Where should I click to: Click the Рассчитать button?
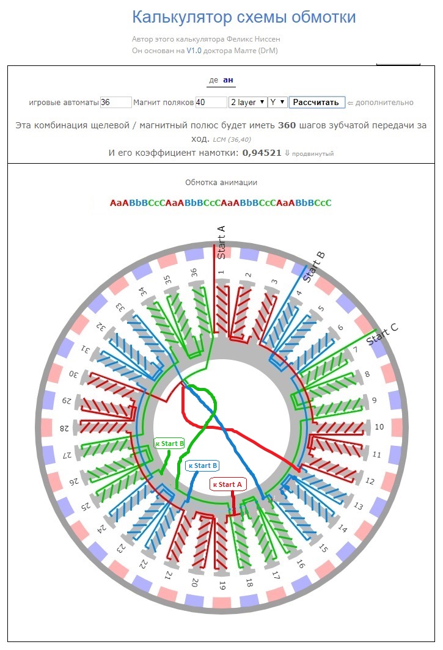tap(317, 103)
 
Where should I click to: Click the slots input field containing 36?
tap(115, 103)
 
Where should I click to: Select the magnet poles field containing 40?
tap(211, 103)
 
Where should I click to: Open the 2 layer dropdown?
tap(247, 103)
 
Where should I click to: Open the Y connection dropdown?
tap(277, 103)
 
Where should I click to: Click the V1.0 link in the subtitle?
tap(194, 51)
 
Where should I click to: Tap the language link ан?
tap(228, 80)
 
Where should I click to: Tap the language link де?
tap(214, 80)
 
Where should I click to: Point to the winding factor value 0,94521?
tap(262, 153)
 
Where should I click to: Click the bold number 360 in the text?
tap(287, 125)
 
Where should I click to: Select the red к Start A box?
tap(228, 484)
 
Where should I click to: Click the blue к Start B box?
tap(202, 466)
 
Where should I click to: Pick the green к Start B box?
tap(169, 444)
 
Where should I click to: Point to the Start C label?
tap(382, 334)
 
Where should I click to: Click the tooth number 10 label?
tap(379, 426)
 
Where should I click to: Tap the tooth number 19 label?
tap(222, 585)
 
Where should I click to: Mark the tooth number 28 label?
tap(64, 428)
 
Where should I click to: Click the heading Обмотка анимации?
tap(221, 183)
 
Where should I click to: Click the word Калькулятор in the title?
tap(182, 17)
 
